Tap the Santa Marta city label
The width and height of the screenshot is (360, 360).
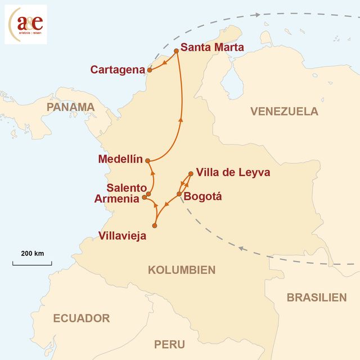click(213, 47)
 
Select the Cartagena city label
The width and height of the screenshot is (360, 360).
click(118, 69)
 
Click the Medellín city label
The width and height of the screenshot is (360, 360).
click(120, 159)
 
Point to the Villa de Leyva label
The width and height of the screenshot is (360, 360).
click(233, 173)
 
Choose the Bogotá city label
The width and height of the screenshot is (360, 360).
click(204, 196)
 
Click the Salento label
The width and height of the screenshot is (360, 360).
click(127, 188)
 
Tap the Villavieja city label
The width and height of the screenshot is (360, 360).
click(122, 236)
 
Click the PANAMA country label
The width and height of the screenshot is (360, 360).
click(71, 107)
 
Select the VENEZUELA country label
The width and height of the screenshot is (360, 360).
click(284, 111)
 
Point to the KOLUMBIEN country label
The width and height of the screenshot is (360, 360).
click(181, 270)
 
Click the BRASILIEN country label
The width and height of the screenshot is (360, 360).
click(316, 298)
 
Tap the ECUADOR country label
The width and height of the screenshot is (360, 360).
click(82, 318)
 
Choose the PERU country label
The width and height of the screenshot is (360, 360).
click(169, 344)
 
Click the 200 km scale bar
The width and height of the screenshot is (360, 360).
click(32, 262)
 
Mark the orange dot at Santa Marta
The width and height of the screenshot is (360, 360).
click(176, 51)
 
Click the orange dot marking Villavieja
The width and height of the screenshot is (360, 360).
click(155, 226)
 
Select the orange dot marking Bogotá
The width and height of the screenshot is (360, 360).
click(179, 195)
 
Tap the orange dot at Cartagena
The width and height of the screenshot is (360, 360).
click(149, 70)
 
